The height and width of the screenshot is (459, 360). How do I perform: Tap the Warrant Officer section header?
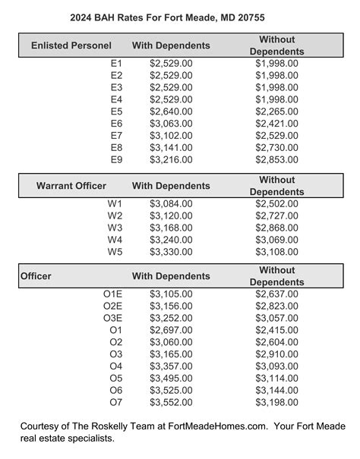point(71,185)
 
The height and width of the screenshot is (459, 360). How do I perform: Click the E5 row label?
point(116,112)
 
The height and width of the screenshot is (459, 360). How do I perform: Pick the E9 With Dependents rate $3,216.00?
point(171,159)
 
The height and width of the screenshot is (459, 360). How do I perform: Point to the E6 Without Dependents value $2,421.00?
point(276,124)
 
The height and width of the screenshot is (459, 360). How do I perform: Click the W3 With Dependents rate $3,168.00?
point(171,228)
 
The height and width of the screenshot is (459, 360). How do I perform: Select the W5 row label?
point(115,251)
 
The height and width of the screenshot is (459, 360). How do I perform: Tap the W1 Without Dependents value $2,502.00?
point(276,203)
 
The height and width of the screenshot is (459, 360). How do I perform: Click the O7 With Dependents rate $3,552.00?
point(171,401)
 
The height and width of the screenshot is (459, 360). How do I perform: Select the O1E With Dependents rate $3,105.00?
point(171,294)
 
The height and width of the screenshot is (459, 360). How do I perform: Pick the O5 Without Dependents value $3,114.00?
point(276,377)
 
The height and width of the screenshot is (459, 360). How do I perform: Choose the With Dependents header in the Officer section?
point(171,276)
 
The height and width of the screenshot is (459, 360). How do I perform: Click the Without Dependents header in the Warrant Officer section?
point(276,186)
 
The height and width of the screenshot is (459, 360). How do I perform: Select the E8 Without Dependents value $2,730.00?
point(276,147)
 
